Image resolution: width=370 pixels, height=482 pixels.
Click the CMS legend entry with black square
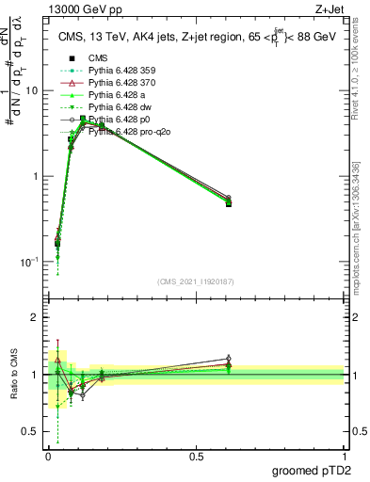[x=100, y=58]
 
